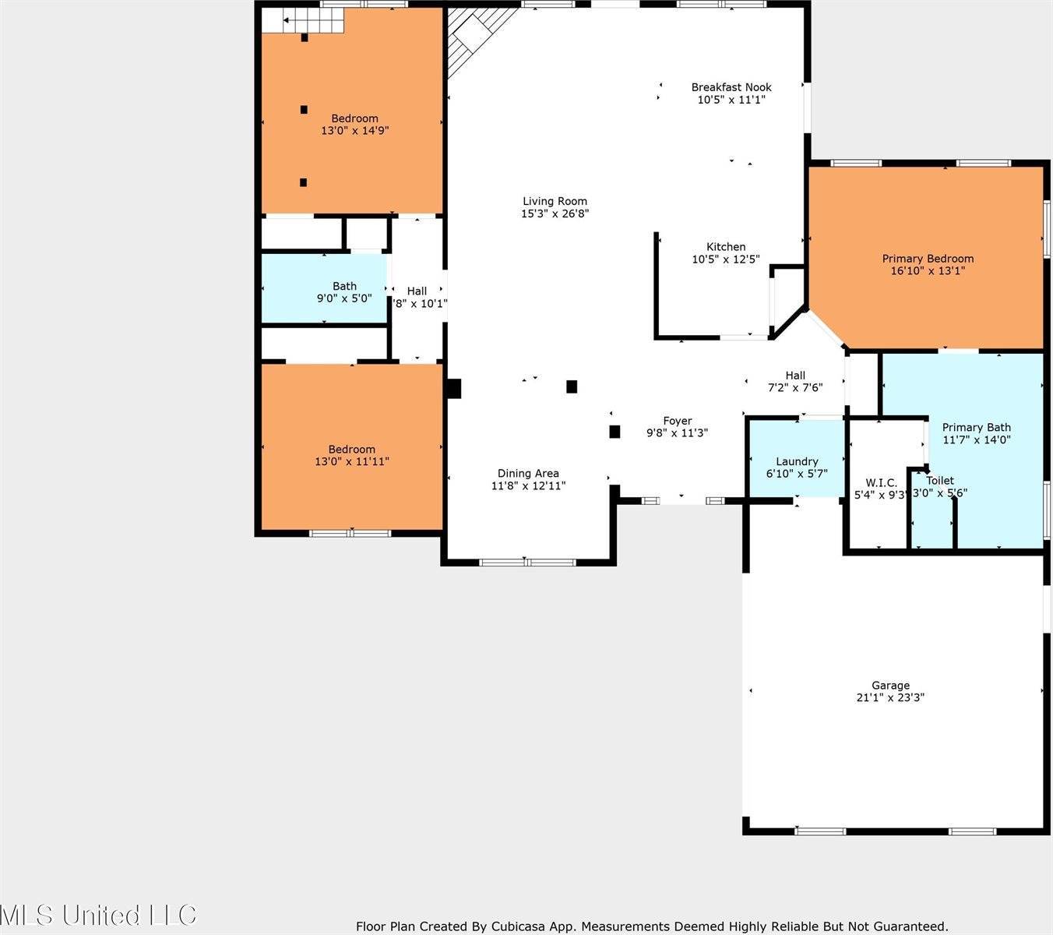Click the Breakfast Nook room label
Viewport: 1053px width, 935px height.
pyautogui.click(x=731, y=87)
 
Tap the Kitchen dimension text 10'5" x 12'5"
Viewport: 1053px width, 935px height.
pyautogui.click(x=725, y=259)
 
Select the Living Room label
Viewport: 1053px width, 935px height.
pyautogui.click(x=555, y=201)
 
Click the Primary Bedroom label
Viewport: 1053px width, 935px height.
pyautogui.click(x=928, y=259)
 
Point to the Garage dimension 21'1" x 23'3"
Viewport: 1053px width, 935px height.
pyautogui.click(x=889, y=698)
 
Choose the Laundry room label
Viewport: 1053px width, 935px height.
pyautogui.click(x=797, y=461)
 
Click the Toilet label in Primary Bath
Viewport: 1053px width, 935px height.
pyautogui.click(x=940, y=481)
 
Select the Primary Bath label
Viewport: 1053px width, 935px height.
pyautogui.click(x=976, y=427)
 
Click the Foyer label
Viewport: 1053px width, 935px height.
pyautogui.click(x=677, y=421)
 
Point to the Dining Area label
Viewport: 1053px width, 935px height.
pyautogui.click(x=528, y=473)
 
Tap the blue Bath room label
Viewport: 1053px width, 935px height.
pyautogui.click(x=344, y=286)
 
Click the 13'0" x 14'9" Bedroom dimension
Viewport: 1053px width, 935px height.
pyautogui.click(x=354, y=131)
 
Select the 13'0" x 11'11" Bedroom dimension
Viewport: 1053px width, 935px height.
pyautogui.click(x=351, y=461)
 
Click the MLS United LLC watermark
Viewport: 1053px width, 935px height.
pyautogui.click(x=99, y=914)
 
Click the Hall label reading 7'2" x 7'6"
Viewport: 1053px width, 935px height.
pyautogui.click(x=795, y=376)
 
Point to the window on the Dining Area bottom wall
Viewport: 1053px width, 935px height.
pyautogui.click(x=527, y=562)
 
